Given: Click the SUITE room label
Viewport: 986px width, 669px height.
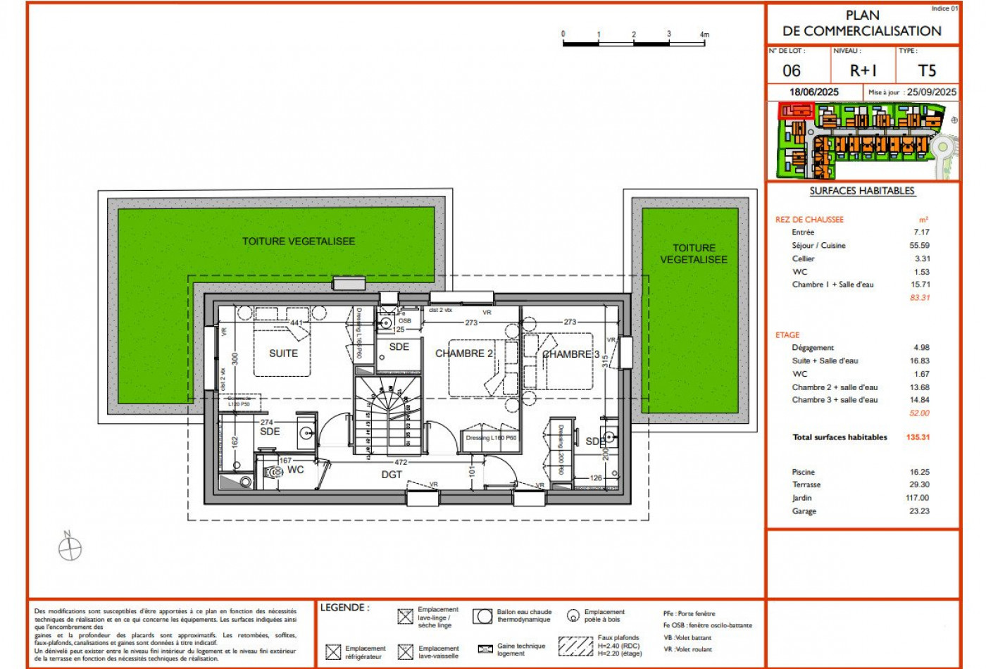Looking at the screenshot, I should (x=283, y=354).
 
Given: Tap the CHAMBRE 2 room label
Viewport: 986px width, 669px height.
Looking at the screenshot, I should (x=463, y=354).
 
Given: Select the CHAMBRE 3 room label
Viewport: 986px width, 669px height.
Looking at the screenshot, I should (x=570, y=354).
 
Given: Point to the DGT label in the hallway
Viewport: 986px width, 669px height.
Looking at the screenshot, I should (x=392, y=475).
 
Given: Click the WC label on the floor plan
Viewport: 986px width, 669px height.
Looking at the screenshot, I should (x=296, y=470).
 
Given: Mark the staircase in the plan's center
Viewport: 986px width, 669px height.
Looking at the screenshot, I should (x=388, y=415).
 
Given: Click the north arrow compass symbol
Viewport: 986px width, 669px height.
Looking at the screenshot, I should (x=70, y=547).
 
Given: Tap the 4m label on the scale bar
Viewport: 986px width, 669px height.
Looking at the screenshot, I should (x=704, y=35).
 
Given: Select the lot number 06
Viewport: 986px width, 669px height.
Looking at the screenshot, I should (x=792, y=71).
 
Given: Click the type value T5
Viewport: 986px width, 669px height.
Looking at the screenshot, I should (x=927, y=71).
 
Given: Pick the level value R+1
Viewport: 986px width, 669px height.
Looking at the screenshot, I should (x=863, y=71).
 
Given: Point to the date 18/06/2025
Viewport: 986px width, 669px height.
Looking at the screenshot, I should (x=814, y=92).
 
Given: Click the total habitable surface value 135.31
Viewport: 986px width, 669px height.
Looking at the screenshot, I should (x=918, y=437).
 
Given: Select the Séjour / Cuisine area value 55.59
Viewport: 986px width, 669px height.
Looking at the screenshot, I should (x=919, y=246).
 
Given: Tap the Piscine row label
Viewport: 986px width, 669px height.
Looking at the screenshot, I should (x=803, y=472).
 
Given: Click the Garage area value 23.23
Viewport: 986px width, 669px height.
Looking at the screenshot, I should (x=919, y=511).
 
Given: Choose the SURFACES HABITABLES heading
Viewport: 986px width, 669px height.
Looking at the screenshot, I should (x=862, y=191).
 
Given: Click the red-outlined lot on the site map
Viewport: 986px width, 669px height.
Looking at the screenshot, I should (x=795, y=110).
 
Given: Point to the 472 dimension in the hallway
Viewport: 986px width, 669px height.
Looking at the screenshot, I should (x=401, y=463).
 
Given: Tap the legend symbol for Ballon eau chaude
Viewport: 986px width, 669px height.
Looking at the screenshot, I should (x=482, y=616).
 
